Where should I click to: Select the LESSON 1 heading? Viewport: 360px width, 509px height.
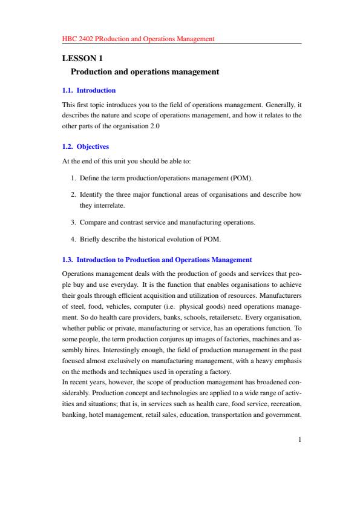(82, 59)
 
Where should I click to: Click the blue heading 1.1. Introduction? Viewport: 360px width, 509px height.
(89, 90)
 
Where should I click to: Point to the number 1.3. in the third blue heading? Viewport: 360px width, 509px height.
(68, 260)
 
